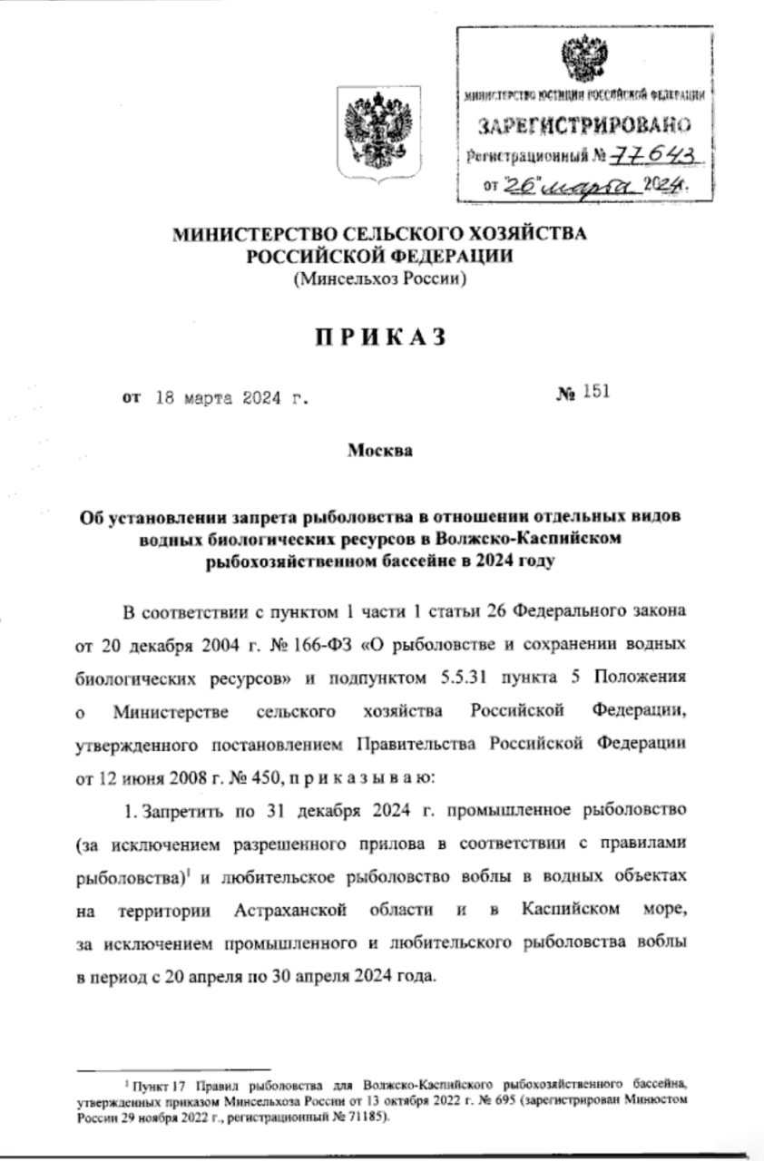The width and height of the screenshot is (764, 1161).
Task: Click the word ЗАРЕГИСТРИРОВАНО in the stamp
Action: coord(583,123)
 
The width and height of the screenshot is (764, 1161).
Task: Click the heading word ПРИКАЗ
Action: coord(381,337)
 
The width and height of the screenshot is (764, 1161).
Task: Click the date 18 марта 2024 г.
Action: coord(231,396)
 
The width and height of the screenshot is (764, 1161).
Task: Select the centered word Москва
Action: coord(380,450)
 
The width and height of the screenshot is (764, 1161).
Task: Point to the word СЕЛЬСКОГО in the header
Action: coord(395,234)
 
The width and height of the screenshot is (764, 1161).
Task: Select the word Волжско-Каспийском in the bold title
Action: coord(515,538)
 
